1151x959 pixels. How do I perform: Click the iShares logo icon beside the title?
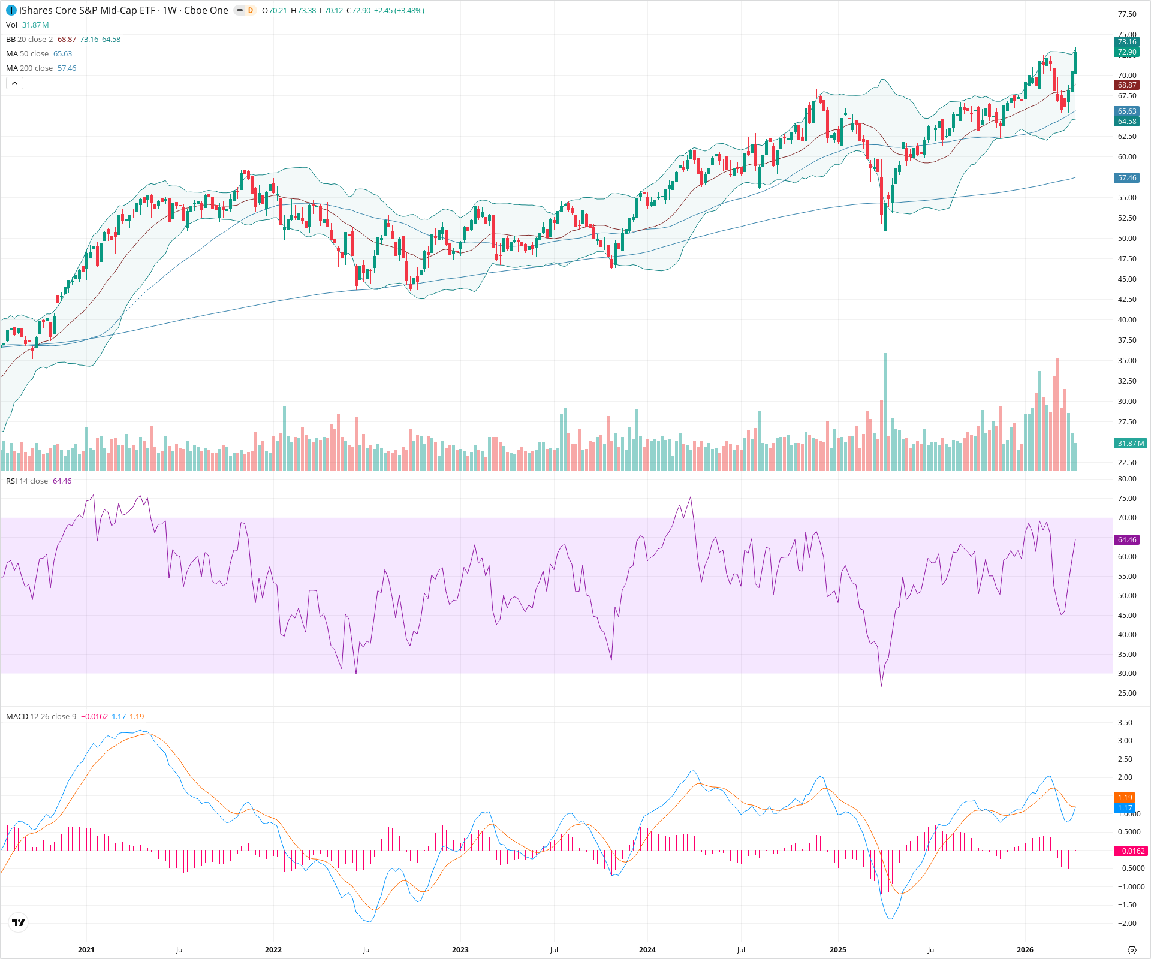click(11, 10)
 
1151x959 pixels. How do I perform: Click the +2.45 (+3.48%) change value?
click(399, 11)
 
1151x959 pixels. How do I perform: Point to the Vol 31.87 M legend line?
click(28, 25)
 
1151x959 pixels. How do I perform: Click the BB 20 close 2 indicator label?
click(29, 39)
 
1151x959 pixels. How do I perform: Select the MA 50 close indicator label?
click(27, 53)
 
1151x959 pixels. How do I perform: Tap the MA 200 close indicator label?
click(29, 68)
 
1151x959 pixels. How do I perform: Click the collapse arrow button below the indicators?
click(14, 83)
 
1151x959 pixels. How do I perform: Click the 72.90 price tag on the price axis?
click(1127, 52)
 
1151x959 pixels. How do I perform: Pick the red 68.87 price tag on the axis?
click(1127, 85)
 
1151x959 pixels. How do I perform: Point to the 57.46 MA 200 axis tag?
click(1127, 178)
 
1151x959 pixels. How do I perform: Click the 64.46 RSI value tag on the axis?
click(1127, 540)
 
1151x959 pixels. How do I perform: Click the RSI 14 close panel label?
click(27, 481)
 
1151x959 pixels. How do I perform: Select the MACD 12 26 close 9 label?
click(41, 716)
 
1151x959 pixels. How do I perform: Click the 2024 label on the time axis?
click(647, 949)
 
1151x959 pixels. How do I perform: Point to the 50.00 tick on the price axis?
click(1127, 239)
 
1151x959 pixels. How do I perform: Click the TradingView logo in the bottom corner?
click(19, 922)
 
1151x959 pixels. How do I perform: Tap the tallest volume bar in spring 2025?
click(885, 414)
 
